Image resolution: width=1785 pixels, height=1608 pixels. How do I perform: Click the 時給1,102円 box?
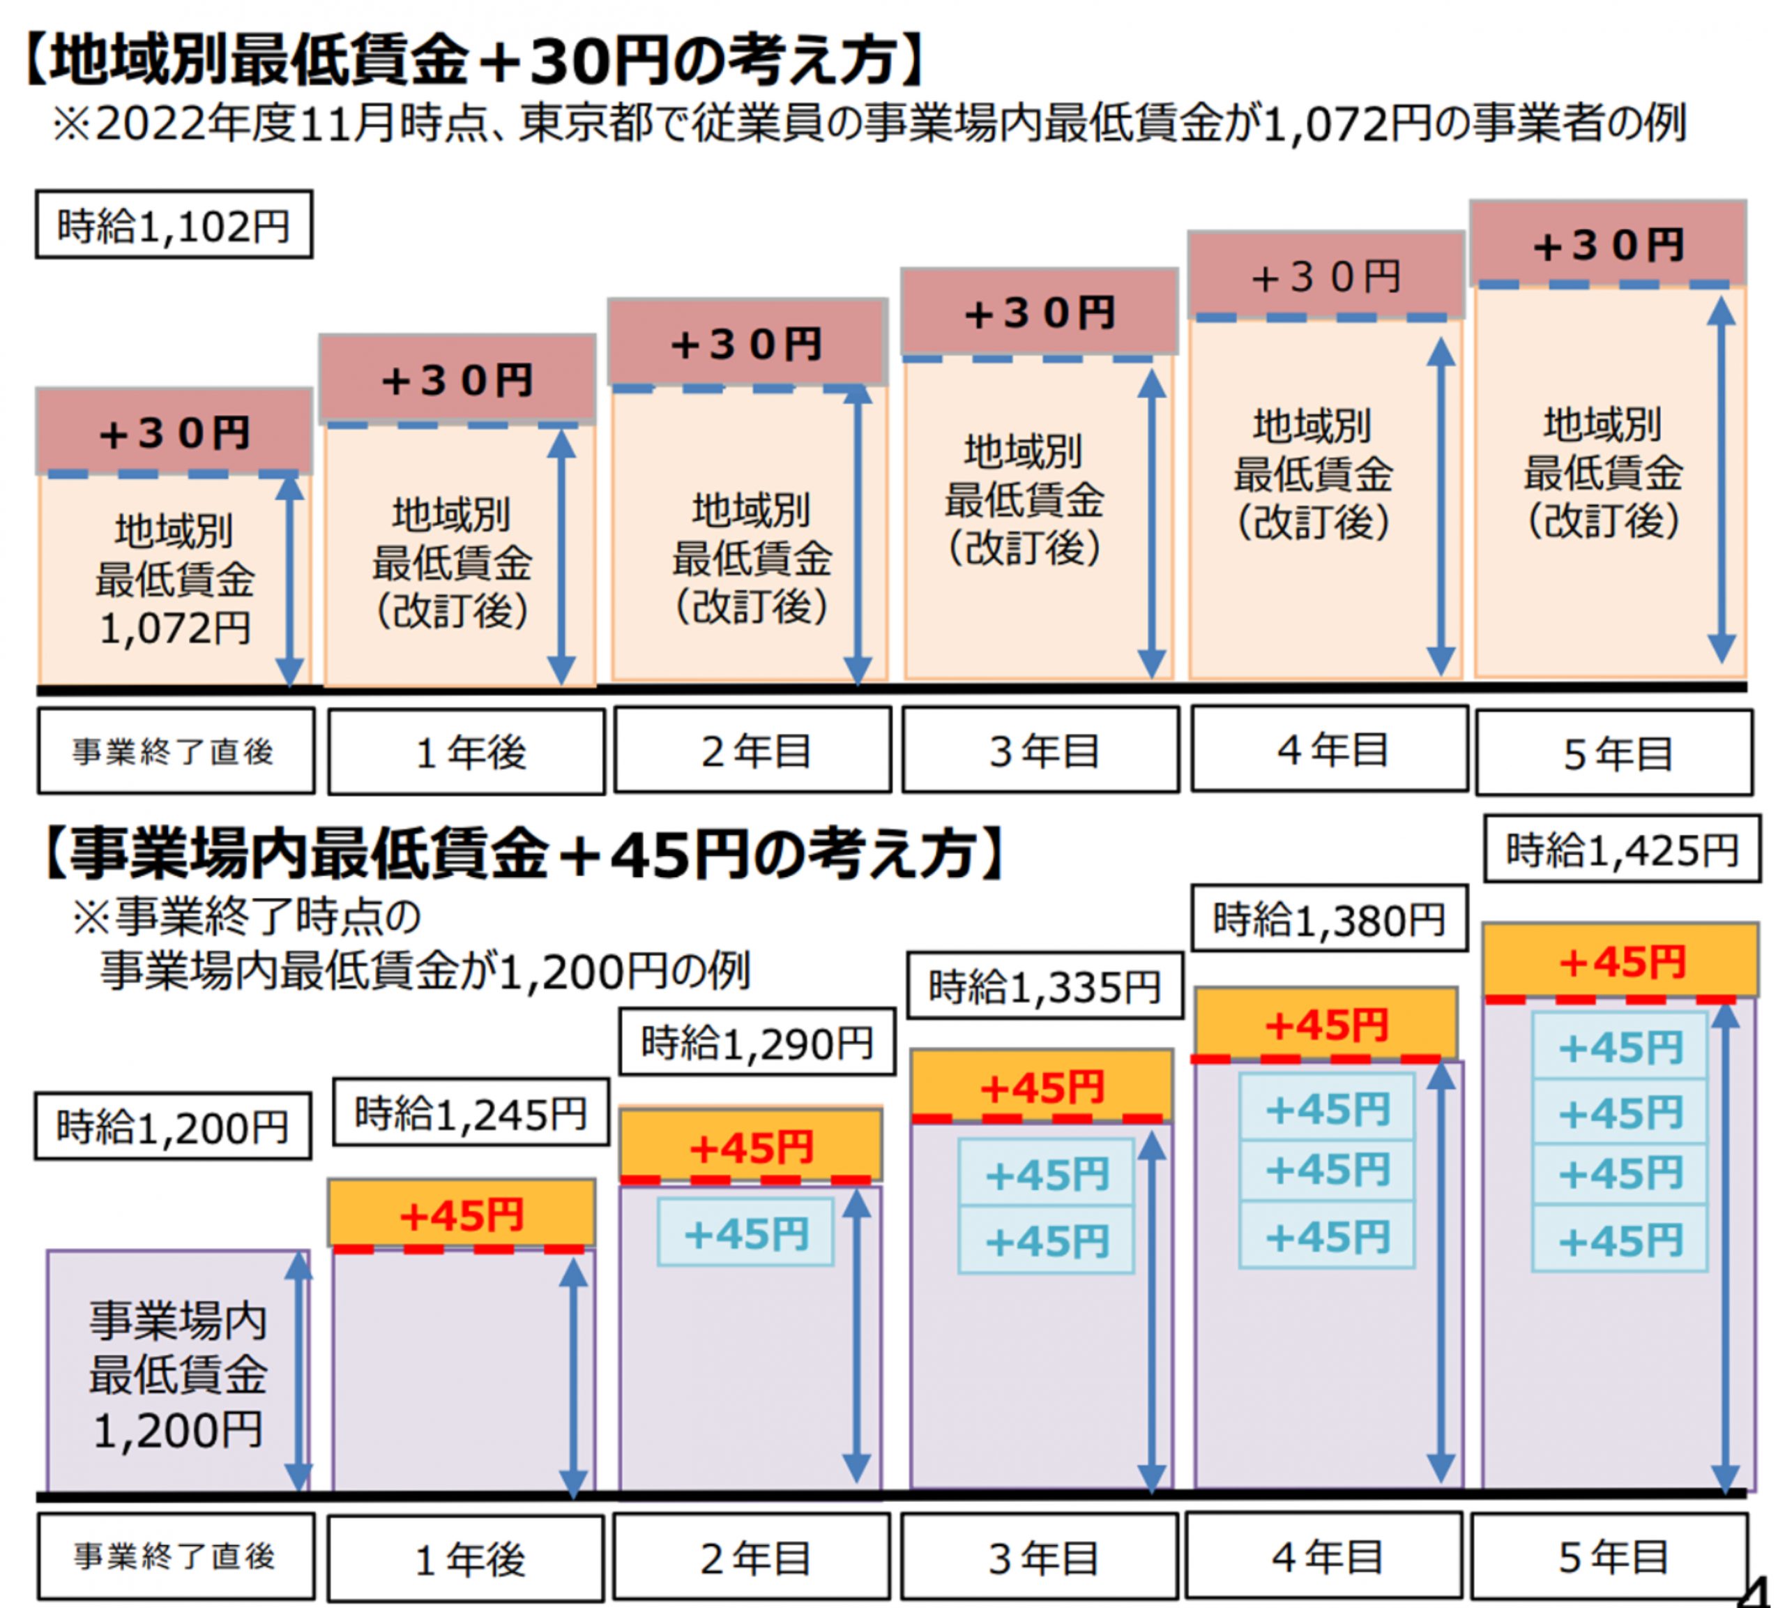click(x=174, y=225)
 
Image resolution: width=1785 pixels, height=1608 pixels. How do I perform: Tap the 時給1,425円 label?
click(x=1622, y=849)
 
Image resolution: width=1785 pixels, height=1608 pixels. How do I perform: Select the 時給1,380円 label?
click(x=1328, y=919)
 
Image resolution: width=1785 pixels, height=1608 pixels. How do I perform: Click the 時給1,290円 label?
click(x=757, y=1042)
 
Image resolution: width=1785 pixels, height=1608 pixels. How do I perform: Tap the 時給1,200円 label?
click(x=173, y=1127)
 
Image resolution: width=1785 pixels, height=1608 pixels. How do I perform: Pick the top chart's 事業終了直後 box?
click(x=175, y=752)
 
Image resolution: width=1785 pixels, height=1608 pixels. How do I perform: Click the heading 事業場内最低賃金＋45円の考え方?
click(x=521, y=852)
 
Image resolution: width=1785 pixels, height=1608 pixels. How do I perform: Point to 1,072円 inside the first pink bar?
click(x=175, y=629)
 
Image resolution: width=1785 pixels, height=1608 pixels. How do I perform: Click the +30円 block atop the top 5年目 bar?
click(x=1607, y=244)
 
